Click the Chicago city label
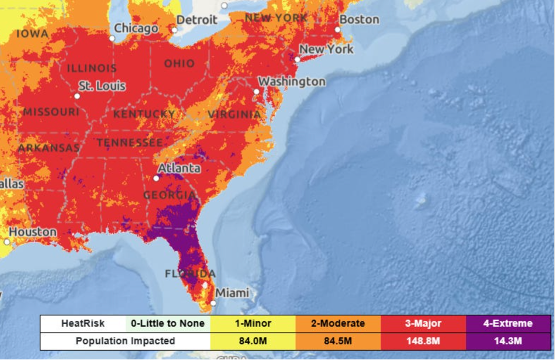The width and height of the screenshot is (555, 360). pos(136,28)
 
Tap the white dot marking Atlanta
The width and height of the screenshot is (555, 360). pos(157,178)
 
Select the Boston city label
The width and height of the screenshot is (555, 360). pos(359,19)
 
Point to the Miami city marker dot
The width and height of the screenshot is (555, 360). pos(214,303)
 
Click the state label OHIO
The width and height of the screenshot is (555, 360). pos(180,63)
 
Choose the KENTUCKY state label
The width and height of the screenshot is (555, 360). pos(144,114)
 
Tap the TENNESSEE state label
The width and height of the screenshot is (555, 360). pos(130,142)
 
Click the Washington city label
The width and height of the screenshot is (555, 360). pos(292,81)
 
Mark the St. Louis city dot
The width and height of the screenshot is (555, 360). pos(77,96)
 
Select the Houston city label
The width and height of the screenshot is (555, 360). pos(32,232)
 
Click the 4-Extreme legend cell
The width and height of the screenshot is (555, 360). pos(508,324)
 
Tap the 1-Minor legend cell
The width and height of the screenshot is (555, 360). pos(252,324)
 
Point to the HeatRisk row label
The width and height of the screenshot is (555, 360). pos(83,324)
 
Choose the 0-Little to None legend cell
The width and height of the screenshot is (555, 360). pos(168,324)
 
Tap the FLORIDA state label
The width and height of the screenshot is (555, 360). pos(190,274)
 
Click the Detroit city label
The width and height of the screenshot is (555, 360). pos(197,19)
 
